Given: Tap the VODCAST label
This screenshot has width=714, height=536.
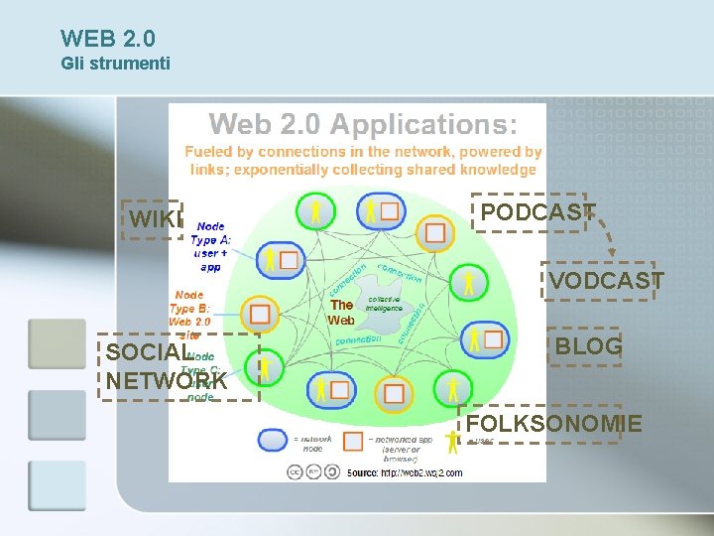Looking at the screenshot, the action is point(604,282).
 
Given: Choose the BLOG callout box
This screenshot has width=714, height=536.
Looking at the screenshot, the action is point(587,346).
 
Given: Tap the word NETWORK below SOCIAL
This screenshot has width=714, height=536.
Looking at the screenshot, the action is point(166,381).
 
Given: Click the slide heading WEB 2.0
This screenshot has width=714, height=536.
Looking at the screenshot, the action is point(107,39).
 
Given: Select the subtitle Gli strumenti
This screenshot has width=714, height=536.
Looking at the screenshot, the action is point(115,64).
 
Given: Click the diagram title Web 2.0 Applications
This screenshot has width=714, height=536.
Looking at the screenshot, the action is point(362,125).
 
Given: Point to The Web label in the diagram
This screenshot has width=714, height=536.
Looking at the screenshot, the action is point(342,313).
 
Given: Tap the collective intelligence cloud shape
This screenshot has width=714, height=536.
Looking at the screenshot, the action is point(384,302).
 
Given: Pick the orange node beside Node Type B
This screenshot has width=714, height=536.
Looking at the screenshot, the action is point(259,314).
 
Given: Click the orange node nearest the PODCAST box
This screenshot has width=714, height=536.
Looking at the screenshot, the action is point(434,233).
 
